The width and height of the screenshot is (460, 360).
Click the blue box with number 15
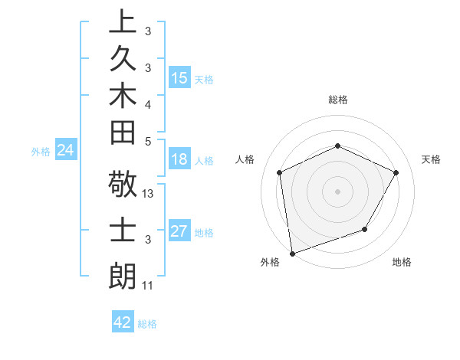pyautogui.click(x=179, y=78)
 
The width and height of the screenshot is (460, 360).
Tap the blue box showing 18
pyautogui.click(x=179, y=160)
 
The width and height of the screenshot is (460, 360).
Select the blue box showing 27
pyautogui.click(x=179, y=231)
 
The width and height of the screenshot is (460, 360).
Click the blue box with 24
pyautogui.click(x=66, y=150)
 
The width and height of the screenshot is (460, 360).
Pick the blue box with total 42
pyautogui.click(x=123, y=322)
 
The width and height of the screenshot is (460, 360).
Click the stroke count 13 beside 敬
pyautogui.click(x=149, y=194)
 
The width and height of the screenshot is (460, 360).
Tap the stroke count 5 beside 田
pyautogui.click(x=149, y=140)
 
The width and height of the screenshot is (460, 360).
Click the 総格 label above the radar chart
pyautogui.click(x=337, y=100)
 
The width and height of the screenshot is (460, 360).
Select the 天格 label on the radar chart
pyautogui.click(x=431, y=159)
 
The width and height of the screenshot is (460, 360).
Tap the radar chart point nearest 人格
pyautogui.click(x=280, y=172)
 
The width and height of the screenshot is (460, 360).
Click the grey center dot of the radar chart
pyautogui.click(x=337, y=191)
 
